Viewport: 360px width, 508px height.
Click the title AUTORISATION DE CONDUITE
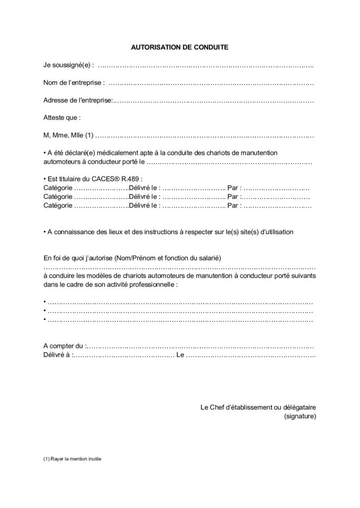click(x=179, y=48)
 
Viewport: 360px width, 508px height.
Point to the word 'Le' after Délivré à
click(x=180, y=355)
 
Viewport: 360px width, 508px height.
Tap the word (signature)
click(x=300, y=416)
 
